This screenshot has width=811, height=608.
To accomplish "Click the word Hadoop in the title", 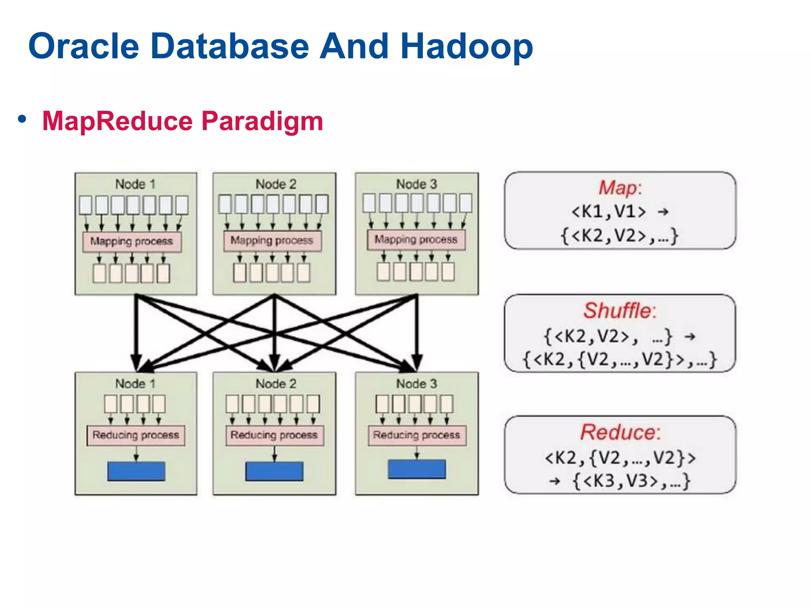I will pos(466,47).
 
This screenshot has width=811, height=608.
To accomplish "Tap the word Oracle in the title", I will pos(84,47).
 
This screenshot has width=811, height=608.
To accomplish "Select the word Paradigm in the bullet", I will pos(262,121).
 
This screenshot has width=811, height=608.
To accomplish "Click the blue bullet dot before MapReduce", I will pos(22,119).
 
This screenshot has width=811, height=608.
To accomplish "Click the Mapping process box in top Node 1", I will pos(132,241).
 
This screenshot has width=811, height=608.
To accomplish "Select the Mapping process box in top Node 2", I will pos(272,241).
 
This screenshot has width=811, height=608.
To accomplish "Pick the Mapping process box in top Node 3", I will pos(416,240).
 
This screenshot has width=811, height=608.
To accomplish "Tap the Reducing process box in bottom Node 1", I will pos(136,435).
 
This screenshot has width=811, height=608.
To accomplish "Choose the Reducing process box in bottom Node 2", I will pos(274,435).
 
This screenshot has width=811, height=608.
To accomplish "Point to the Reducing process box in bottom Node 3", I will pos(417,435).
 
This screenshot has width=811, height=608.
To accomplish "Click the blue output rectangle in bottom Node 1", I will pos(136,471).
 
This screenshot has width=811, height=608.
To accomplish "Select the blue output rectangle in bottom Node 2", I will pos(274,471).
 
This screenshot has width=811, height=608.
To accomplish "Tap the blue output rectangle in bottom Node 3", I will pos(417,469).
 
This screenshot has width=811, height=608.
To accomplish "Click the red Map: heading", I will pos(620,188).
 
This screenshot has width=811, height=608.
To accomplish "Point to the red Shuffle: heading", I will pos(620,311).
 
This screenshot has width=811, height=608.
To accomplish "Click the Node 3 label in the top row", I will pos(417,184).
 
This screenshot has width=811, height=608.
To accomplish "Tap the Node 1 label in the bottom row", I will pos(135,384).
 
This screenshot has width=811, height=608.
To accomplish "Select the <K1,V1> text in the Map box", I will pos(609,212).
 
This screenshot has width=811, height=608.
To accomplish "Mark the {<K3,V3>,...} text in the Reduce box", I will pos(632,481).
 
